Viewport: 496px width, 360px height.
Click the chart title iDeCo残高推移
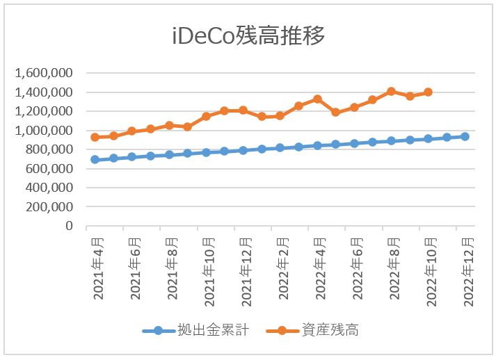248,36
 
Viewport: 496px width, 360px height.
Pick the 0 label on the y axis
69,226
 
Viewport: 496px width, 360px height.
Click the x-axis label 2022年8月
395,268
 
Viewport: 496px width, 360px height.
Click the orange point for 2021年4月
95,137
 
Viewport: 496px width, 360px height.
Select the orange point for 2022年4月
317,99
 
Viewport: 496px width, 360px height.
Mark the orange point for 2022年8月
391,91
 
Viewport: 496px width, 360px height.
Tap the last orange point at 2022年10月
428,92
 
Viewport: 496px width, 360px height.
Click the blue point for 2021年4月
95,159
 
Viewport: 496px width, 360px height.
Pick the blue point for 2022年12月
465,136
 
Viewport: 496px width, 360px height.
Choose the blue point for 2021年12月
243,150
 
